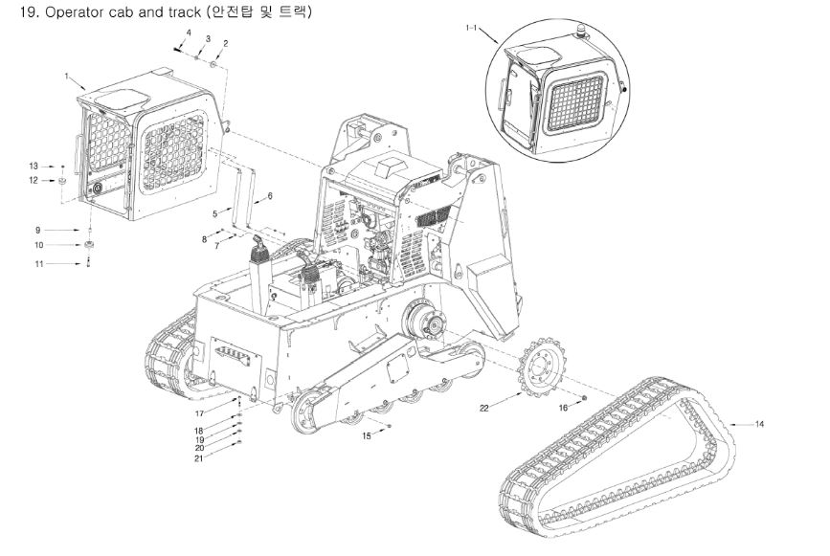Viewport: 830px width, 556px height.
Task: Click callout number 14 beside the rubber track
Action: coord(759,424)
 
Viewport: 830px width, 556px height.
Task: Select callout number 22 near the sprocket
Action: coord(484,408)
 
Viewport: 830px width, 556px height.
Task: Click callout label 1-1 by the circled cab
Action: coord(471,28)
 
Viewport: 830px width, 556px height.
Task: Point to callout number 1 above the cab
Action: coord(66,77)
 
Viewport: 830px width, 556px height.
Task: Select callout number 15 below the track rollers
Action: coord(367,436)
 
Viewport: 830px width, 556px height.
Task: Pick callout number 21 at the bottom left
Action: coord(198,458)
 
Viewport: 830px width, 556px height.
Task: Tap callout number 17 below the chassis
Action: coord(199,413)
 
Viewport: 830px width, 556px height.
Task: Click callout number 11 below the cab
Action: coord(39,263)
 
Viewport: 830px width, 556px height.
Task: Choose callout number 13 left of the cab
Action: coord(34,167)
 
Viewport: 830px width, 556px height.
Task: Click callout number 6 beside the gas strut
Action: coord(270,196)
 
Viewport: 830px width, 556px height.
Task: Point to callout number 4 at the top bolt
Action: coord(189,33)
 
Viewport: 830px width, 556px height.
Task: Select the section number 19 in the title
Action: coord(30,12)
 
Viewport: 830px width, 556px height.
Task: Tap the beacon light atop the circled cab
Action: coord(582,33)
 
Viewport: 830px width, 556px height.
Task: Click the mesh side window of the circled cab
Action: coord(575,103)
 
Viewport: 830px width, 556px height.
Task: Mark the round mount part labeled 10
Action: coord(89,245)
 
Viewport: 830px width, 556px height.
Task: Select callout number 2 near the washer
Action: coord(226,43)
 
